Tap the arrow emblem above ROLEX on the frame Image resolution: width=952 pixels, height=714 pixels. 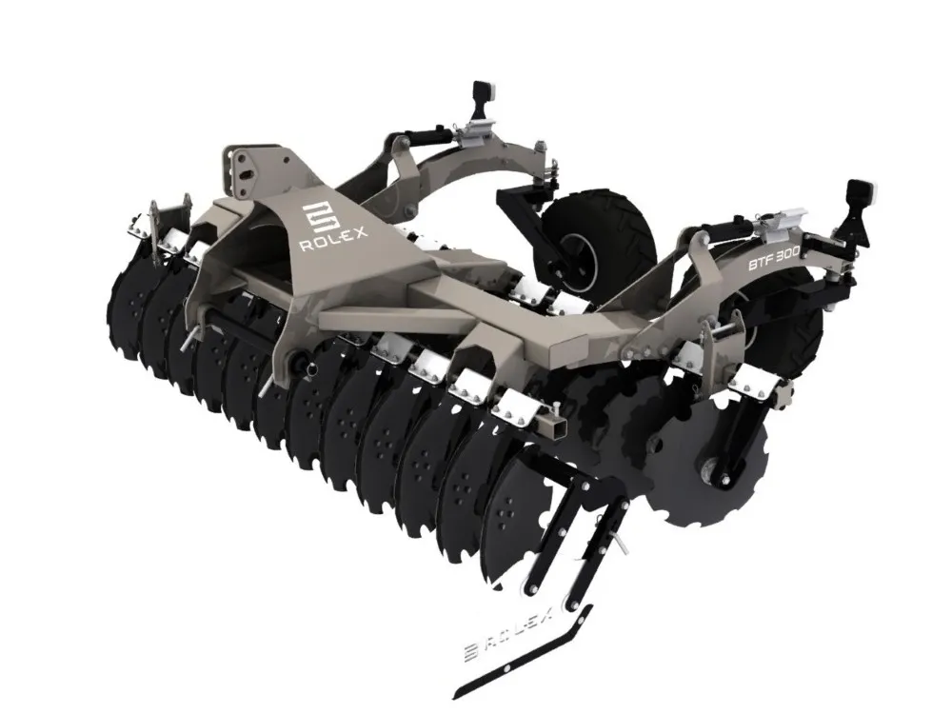coord(316,217)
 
